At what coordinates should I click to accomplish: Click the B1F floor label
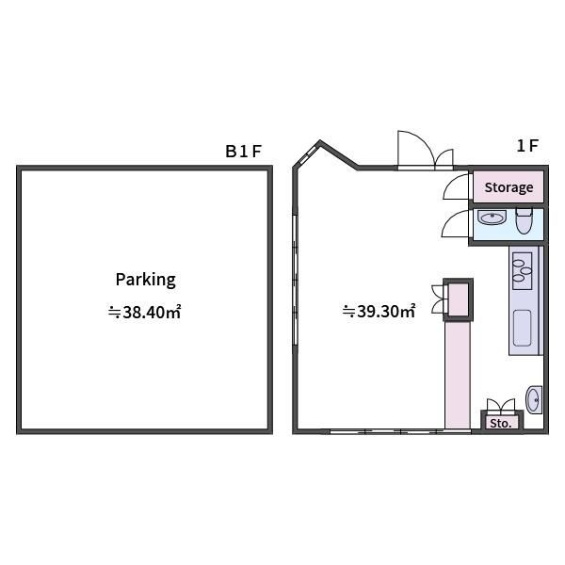[x=243, y=151]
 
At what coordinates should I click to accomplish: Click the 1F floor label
[x=527, y=146]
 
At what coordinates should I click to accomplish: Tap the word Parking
[x=146, y=280]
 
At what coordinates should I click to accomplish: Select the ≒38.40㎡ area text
[x=144, y=312]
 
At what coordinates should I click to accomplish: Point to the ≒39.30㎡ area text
[x=379, y=311]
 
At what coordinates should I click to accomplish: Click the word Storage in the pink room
[x=508, y=187]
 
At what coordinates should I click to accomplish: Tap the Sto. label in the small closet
[x=501, y=423]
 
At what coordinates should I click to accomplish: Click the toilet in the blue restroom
[x=524, y=221]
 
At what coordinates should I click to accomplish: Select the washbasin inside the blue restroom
[x=492, y=218]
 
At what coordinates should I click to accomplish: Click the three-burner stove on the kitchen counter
[x=522, y=271]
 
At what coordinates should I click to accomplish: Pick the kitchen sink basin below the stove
[x=522, y=328]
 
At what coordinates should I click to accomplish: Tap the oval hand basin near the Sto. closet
[x=534, y=399]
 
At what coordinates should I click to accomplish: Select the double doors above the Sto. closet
[x=501, y=405]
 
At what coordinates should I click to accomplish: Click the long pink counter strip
[x=458, y=375]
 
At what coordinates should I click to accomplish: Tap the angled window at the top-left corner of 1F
[x=307, y=155]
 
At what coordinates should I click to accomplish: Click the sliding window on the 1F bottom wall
[x=400, y=431]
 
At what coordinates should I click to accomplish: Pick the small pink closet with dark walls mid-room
[x=458, y=299]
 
